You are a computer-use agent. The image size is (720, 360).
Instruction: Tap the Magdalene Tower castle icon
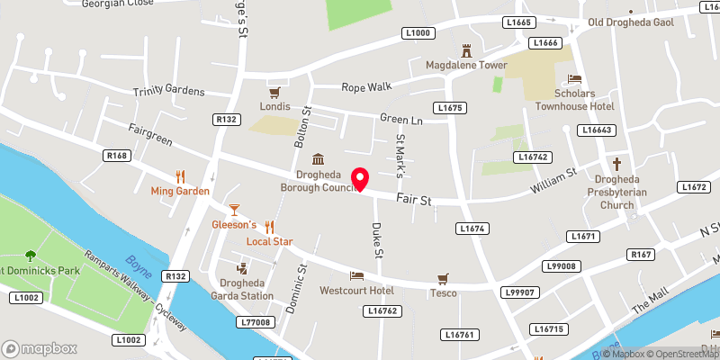point(467,49)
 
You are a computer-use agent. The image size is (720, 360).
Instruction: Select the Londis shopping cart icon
point(275,93)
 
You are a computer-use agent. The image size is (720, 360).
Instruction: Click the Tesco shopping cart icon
point(442,277)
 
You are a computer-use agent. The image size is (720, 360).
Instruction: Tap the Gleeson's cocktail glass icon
point(234,209)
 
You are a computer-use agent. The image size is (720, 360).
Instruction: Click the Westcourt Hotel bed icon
point(356,275)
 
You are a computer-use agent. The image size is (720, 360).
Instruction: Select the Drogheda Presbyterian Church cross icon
point(616,164)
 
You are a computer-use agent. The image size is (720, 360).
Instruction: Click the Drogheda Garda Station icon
point(241,268)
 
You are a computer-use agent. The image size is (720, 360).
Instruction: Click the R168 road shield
point(116,156)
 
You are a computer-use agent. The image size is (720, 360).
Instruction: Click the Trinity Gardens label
point(169,92)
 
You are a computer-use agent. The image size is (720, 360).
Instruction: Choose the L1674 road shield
point(472,229)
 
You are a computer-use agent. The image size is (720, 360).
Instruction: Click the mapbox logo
point(40,348)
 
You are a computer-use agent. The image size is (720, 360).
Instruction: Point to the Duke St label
point(378,240)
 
